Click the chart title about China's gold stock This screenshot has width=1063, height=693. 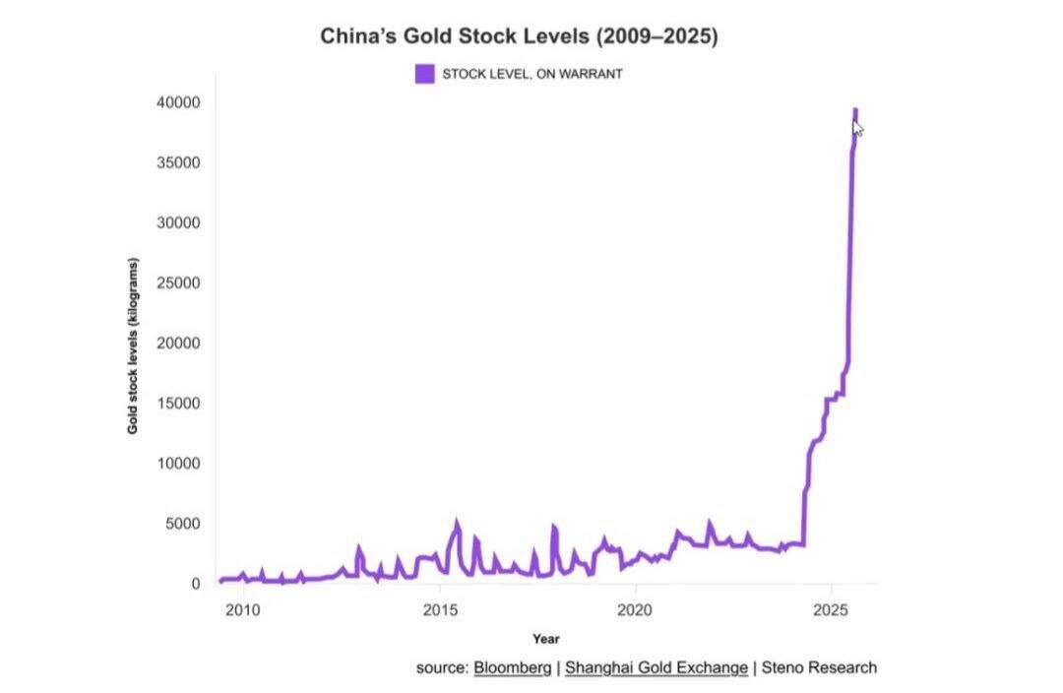pos(520,37)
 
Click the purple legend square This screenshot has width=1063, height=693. pos(424,74)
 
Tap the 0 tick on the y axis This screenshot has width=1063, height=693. pos(195,584)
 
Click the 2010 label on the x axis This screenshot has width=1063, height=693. pos(242,610)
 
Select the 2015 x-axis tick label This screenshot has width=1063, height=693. pos(439,610)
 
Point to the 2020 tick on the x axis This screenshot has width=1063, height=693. pos(636,610)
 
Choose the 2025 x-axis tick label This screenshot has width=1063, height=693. pos(832,610)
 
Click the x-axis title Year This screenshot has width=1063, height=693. pos(546,640)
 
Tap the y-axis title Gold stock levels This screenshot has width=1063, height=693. pos(133,346)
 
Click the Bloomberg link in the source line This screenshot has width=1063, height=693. pos(513,667)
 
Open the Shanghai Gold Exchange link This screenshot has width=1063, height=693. pos(657,667)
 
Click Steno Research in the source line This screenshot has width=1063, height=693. pos(819,667)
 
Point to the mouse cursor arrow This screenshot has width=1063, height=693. pos(857,127)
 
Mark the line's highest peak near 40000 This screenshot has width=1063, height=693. pos(855,110)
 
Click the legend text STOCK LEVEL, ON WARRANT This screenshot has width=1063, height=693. pos(532,74)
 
